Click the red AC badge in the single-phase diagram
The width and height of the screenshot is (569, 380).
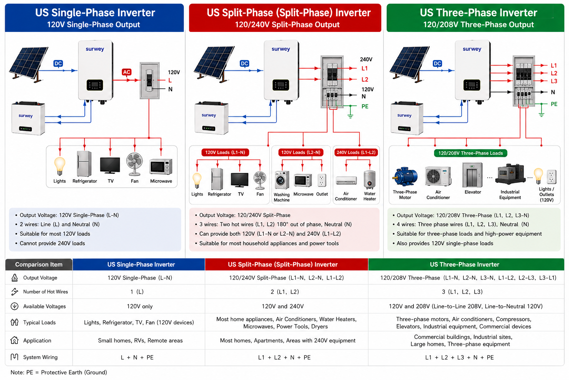coord(126,72)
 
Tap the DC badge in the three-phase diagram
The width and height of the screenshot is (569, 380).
coord(437,63)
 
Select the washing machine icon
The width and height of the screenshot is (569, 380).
coord(282,180)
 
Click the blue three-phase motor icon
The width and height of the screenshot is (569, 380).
coord(405,177)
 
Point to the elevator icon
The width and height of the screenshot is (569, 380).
coord(472,175)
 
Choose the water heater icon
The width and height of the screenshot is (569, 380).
coord(370,180)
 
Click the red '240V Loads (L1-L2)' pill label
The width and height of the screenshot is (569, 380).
coord(356,153)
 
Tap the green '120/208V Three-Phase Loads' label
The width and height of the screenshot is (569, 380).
coord(470,153)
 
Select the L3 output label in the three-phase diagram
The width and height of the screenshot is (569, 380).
coord(554,81)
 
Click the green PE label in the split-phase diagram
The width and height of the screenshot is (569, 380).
coord(365,107)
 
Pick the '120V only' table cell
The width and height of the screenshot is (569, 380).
coord(140,307)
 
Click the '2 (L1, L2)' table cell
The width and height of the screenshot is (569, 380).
coord(285,292)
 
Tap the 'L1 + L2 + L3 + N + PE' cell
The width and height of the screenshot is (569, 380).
coord(459,358)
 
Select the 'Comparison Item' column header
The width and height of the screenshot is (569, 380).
coord(39,265)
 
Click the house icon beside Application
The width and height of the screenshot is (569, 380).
coord(14,340)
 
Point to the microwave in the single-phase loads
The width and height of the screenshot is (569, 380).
coord(161,167)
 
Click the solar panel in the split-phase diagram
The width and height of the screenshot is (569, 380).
coord(214,63)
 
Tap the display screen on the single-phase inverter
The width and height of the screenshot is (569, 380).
coord(95,85)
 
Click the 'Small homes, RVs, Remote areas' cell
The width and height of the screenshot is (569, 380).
coord(140,341)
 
